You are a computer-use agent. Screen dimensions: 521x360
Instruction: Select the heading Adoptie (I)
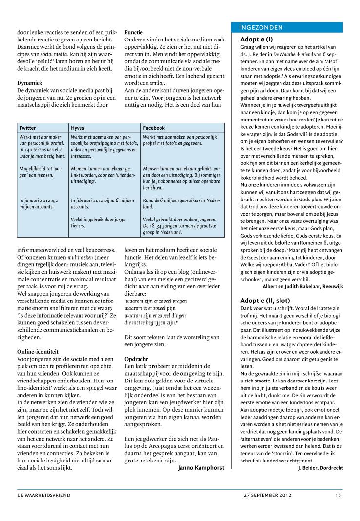click(257, 39)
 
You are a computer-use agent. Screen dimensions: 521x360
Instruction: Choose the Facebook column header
click(154, 128)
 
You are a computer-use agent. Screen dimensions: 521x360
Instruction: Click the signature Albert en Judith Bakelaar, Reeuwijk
click(302, 286)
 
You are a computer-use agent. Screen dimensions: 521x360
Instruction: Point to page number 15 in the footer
click(338, 495)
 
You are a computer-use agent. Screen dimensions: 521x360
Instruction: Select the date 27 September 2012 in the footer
click(268, 495)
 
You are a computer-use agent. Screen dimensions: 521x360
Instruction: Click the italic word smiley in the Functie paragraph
click(157, 83)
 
